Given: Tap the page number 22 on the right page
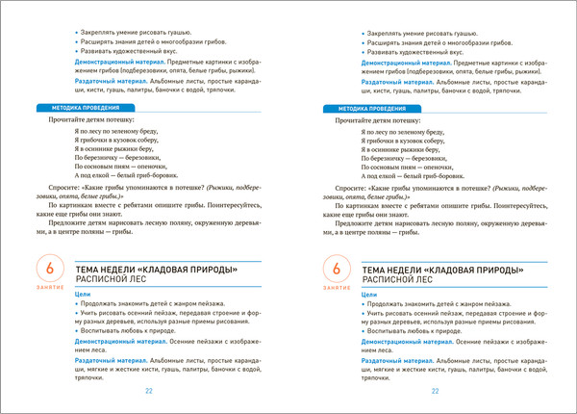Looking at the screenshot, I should pyautogui.click(x=436, y=392).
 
